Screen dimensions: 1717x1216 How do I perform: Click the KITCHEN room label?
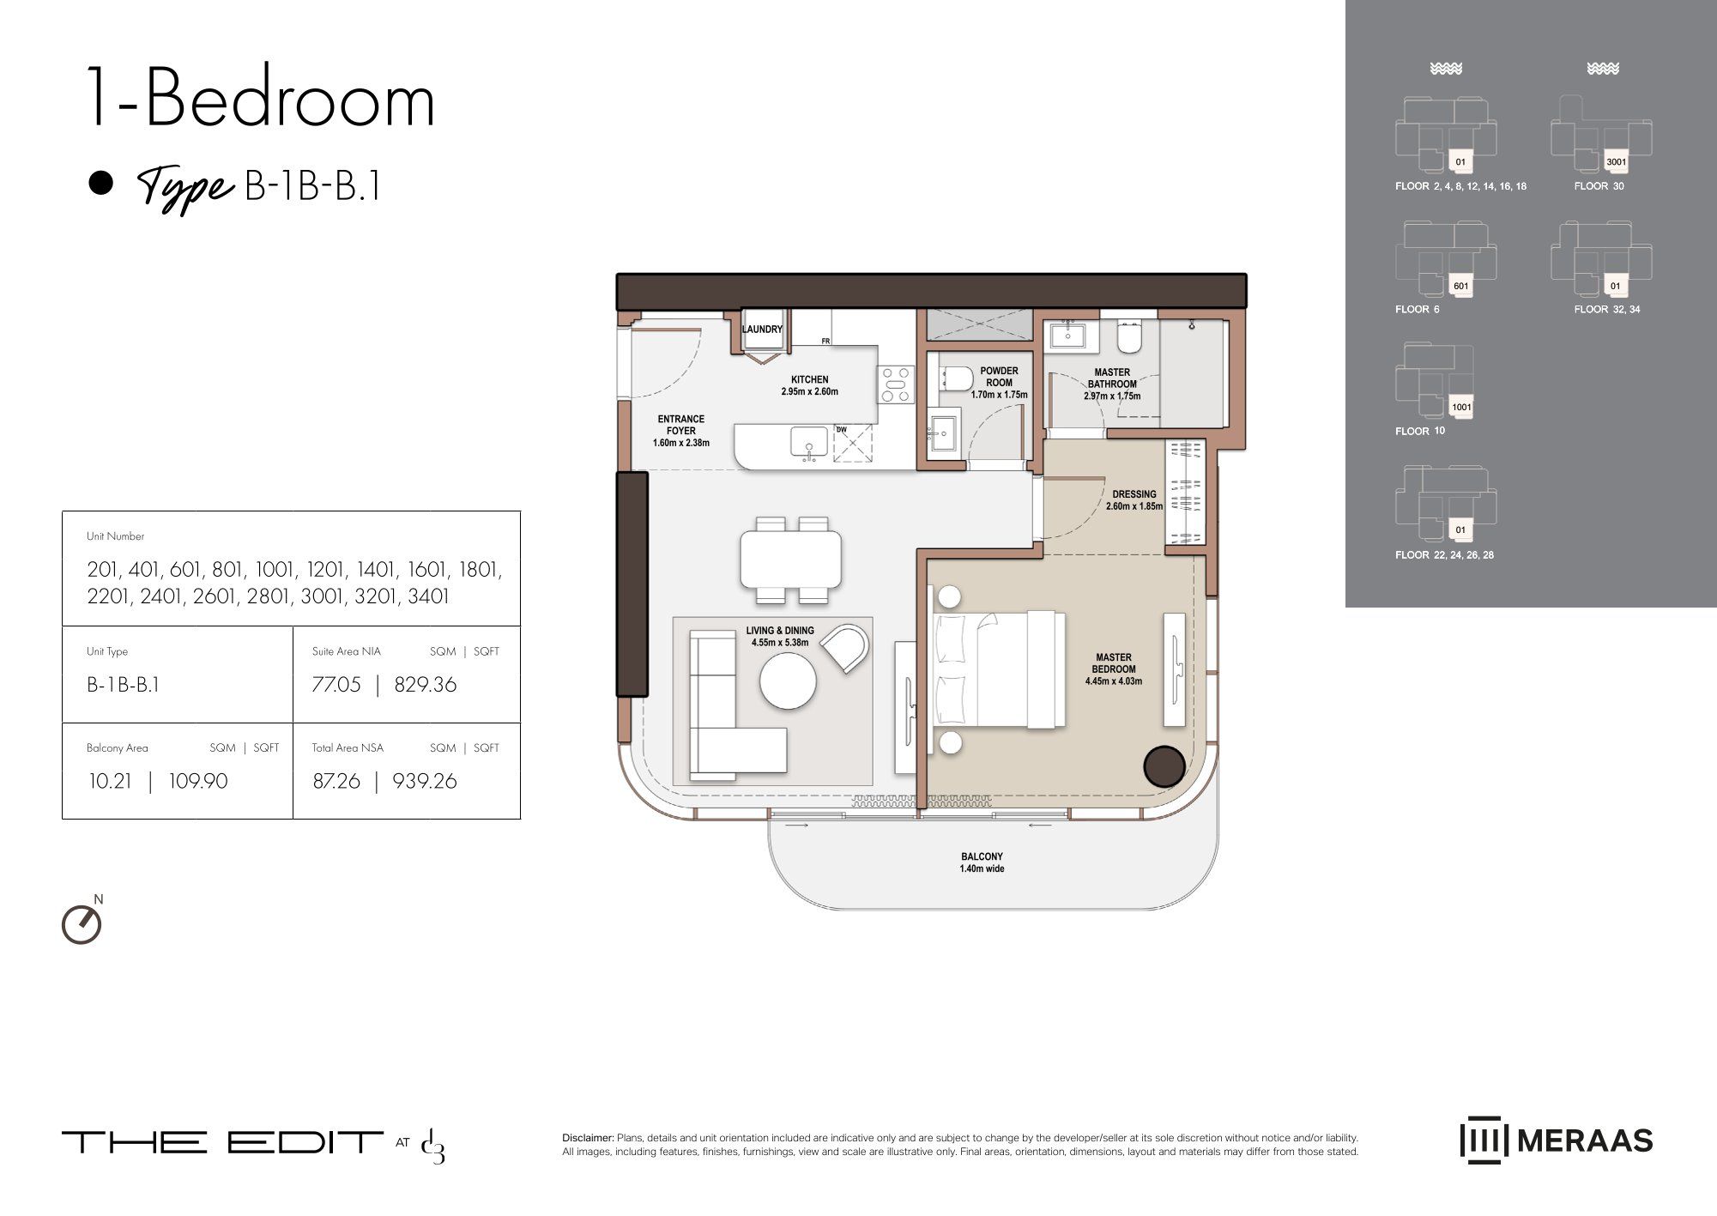[809, 379]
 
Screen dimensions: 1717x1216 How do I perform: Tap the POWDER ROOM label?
[999, 377]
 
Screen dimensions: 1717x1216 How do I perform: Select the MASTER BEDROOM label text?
[1113, 663]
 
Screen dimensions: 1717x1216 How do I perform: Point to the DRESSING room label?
[1134, 494]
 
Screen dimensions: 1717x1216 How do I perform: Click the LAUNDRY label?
[762, 330]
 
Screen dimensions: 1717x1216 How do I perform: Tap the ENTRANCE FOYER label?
[680, 425]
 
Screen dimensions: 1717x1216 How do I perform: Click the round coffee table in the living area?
[788, 681]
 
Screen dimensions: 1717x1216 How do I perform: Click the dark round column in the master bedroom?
[1166, 765]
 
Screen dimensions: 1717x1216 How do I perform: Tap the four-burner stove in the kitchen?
[896, 384]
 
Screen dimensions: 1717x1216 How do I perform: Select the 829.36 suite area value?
[425, 685]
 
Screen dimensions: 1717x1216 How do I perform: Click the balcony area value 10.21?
[111, 781]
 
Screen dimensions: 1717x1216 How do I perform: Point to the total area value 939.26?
[424, 781]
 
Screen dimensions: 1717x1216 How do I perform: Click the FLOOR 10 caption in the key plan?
[1420, 431]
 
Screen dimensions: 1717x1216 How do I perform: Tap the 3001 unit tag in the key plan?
[1616, 161]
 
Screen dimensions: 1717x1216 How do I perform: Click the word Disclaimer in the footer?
[588, 1138]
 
